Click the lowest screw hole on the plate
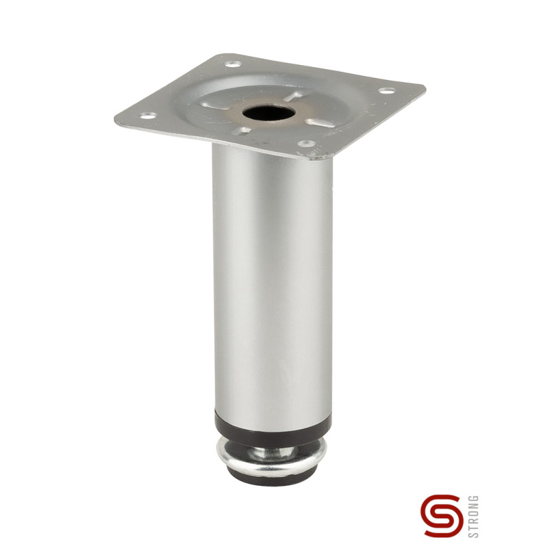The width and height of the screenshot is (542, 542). [307, 144]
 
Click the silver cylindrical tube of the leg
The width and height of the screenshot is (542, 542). [271, 285]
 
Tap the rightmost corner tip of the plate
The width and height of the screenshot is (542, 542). [425, 87]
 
